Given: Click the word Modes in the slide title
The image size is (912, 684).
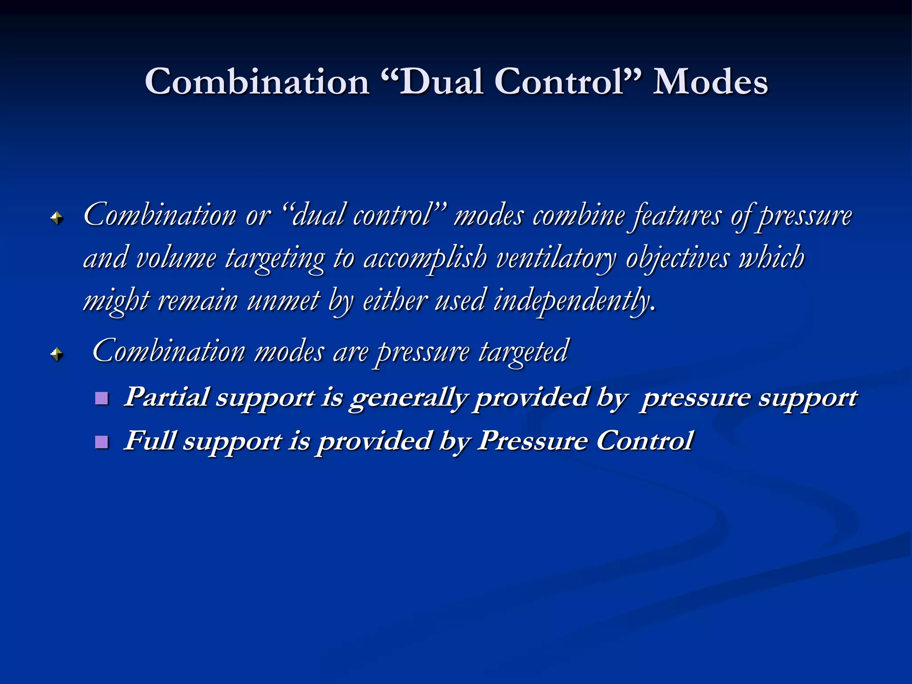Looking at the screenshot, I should pyautogui.click(x=710, y=82).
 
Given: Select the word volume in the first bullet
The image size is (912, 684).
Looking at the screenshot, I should pyautogui.click(x=175, y=258).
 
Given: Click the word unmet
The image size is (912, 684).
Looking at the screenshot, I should pyautogui.click(x=283, y=301).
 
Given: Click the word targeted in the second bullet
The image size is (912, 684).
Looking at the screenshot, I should pyautogui.click(x=524, y=352).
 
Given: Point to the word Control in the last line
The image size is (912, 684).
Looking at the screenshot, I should pyautogui.click(x=644, y=440).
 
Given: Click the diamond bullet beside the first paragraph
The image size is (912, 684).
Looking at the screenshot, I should pyautogui.click(x=57, y=218).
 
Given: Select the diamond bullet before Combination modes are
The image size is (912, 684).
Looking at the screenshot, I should pyautogui.click(x=57, y=354).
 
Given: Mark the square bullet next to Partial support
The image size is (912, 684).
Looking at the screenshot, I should pyautogui.click(x=102, y=398).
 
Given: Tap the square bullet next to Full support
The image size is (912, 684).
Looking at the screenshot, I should pyautogui.click(x=102, y=442).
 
